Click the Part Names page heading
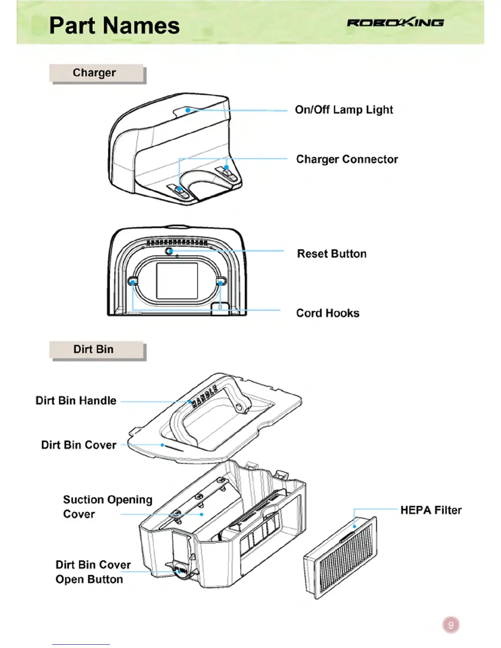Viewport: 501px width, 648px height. pos(114,26)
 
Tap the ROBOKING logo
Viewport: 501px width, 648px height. pos(395,22)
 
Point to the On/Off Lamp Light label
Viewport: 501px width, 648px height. pos(344,110)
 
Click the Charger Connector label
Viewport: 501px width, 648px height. pos(347,159)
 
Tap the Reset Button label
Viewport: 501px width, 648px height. pos(332,254)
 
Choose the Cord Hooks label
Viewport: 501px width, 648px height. pos(327,313)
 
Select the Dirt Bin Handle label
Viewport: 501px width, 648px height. pos(76,400)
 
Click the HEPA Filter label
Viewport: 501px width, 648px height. pos(431,510)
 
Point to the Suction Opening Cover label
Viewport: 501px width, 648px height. pos(107,507)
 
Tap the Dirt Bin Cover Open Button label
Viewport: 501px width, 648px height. pos(93,572)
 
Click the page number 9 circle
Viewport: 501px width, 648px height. pos(451,625)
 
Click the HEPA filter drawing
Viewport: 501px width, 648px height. pos(341,558)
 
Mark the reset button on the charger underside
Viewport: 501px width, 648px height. pos(169,251)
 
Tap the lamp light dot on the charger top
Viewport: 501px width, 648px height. pos(187,110)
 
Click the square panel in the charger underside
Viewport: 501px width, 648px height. pos(177,281)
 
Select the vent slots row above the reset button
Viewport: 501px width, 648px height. pos(177,243)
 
